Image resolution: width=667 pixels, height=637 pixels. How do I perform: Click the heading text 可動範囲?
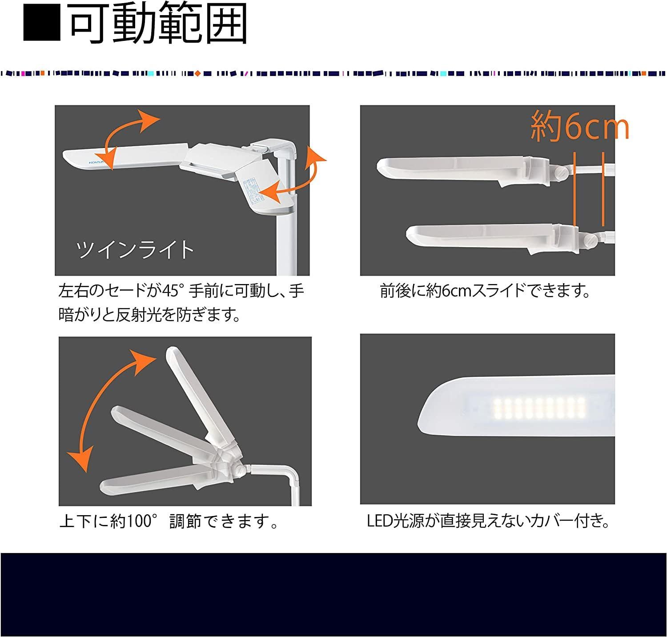(x=158, y=24)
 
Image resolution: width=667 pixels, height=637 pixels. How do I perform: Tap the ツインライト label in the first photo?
(x=135, y=250)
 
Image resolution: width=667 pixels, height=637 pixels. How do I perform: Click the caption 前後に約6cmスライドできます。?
(x=485, y=292)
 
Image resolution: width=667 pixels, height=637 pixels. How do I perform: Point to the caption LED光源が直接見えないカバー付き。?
(x=488, y=521)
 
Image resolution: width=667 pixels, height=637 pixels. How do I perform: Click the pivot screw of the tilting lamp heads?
(x=241, y=469)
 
